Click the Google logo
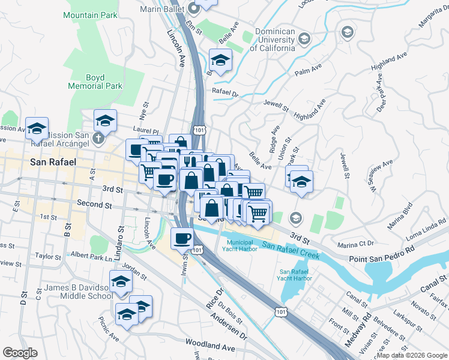[20, 353]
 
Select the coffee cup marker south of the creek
[182, 238]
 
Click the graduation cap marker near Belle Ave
[220, 60]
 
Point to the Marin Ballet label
[163, 8]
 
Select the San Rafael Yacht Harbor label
[295, 274]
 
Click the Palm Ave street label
[309, 73]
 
